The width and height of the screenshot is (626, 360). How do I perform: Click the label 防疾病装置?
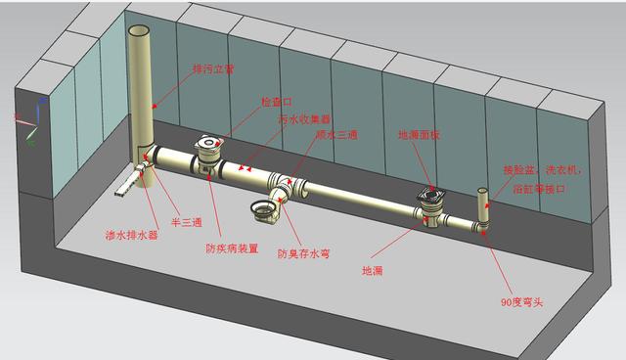tap(232, 248)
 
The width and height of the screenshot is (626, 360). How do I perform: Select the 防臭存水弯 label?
tap(302, 254)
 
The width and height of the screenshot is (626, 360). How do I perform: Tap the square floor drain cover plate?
tap(431, 196)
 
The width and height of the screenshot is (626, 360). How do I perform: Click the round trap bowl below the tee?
tap(265, 208)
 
